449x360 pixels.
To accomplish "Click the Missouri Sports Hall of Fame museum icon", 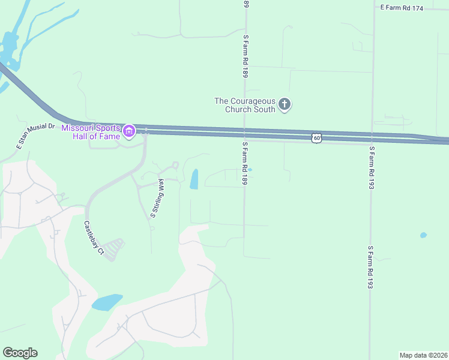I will (128, 130).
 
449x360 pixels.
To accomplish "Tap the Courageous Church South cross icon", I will (285, 105).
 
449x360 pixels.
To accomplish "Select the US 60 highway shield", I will (317, 138).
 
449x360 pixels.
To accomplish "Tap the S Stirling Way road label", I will (157, 200).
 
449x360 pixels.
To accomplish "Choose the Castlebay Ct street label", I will (94, 239).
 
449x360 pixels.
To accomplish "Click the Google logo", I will (20, 353).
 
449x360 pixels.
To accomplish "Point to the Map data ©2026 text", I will (423, 355).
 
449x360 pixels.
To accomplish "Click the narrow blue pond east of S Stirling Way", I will (194, 179).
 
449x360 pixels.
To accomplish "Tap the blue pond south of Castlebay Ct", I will (107, 302).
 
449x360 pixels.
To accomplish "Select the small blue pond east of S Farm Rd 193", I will (424, 235).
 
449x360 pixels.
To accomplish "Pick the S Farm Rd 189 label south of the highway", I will (245, 163).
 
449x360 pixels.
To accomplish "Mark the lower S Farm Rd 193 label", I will (371, 267).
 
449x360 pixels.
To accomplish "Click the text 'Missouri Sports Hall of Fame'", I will (91, 130).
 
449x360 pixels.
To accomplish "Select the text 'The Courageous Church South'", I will (245, 105).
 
